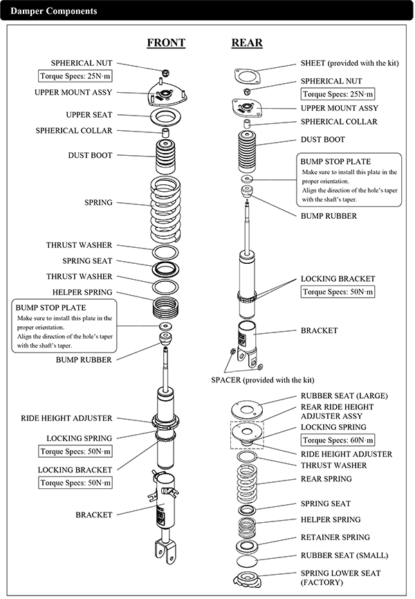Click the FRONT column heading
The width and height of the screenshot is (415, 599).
[x=166, y=42]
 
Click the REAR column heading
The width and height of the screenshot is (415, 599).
[x=247, y=42]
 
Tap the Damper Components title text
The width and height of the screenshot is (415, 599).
[x=54, y=11]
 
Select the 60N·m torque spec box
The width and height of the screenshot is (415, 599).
[x=338, y=440]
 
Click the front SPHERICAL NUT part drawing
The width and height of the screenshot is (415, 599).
[x=165, y=72]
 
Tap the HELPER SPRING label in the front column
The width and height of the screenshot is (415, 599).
[x=82, y=292]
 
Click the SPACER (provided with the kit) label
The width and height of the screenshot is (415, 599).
[x=262, y=380]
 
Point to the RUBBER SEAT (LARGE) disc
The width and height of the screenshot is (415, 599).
[x=247, y=409]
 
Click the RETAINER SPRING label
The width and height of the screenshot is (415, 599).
[x=335, y=537]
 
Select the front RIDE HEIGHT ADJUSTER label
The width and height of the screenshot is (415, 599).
[x=67, y=418]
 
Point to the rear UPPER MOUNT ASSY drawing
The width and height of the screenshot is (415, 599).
[x=248, y=109]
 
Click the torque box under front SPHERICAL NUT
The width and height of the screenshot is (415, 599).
[x=75, y=76]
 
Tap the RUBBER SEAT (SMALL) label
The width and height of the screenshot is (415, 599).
[x=344, y=555]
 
